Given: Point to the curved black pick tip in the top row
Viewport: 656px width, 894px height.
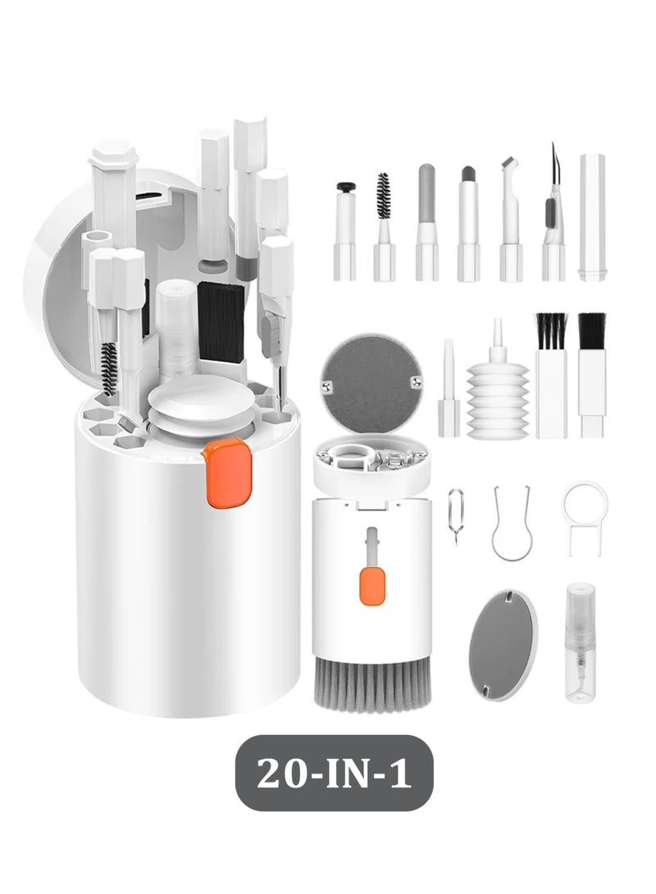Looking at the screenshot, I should [x=553, y=164].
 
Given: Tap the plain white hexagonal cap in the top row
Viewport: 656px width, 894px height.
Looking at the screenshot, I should [x=591, y=217].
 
